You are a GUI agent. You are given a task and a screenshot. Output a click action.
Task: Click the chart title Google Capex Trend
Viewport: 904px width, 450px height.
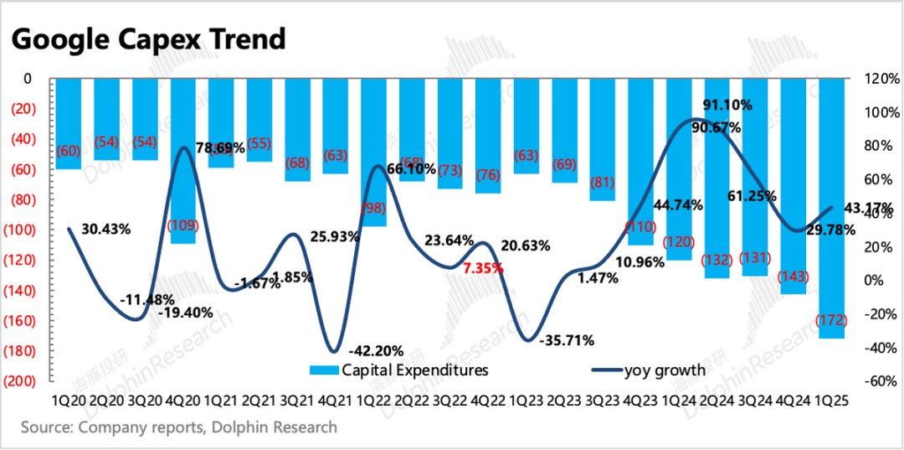[149, 39]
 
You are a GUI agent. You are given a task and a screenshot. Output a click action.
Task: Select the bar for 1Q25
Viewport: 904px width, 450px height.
[830, 209]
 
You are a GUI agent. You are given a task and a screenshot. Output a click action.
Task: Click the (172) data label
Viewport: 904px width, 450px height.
[830, 320]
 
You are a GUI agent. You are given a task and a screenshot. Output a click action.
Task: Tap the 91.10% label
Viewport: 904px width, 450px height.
[727, 106]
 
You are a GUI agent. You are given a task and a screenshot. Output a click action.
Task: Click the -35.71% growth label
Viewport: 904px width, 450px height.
[568, 340]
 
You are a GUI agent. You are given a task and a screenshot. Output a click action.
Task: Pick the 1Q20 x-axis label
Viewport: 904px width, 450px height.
[69, 401]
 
